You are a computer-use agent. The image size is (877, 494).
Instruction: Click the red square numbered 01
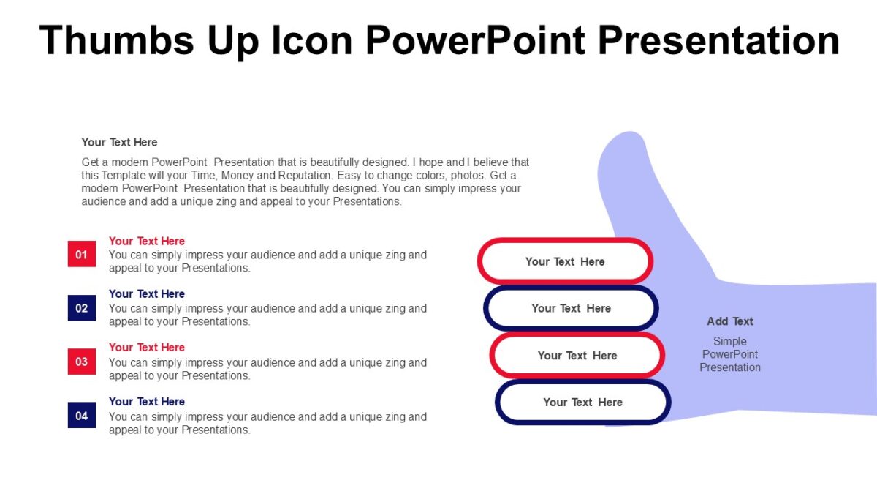(x=82, y=254)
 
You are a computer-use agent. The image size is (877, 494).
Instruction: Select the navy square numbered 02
(x=82, y=307)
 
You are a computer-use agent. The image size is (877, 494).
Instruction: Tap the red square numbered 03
(x=82, y=362)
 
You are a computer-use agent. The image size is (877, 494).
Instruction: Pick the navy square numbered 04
(x=82, y=416)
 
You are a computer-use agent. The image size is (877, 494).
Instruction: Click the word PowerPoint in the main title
(x=475, y=40)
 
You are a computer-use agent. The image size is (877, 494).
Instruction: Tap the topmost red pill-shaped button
(x=565, y=261)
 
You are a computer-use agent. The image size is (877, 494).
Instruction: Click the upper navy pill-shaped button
(x=571, y=308)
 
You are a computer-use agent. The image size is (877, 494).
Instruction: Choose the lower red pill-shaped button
(x=577, y=356)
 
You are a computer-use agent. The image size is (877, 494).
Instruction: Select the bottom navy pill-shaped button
(x=582, y=402)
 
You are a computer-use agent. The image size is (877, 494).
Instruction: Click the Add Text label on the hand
(x=730, y=321)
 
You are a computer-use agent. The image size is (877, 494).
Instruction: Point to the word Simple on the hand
(x=730, y=341)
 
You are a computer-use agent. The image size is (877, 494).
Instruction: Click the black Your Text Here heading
(x=119, y=142)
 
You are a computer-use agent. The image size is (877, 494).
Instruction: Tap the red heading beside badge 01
(x=147, y=241)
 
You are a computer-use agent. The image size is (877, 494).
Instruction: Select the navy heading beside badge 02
(x=147, y=293)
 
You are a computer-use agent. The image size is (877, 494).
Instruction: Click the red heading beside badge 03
(x=147, y=348)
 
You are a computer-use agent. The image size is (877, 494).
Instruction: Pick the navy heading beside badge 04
(x=147, y=401)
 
